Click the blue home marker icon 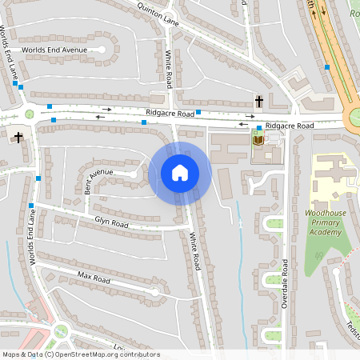pyautogui.click(x=180, y=172)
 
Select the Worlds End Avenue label pyautogui.click(x=54, y=50)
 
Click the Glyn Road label pyautogui.click(x=111, y=221)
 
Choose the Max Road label pyautogui.click(x=94, y=278)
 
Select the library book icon pyautogui.click(x=258, y=140)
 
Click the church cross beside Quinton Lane pyautogui.click(x=259, y=102)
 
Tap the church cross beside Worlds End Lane pyautogui.click(x=18, y=137)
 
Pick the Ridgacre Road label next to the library pyautogui.click(x=290, y=126)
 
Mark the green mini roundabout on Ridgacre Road pyautogui.click(x=30, y=114)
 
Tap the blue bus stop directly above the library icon pyautogui.click(x=259, y=128)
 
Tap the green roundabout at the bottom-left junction pyautogui.click(x=61, y=331)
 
